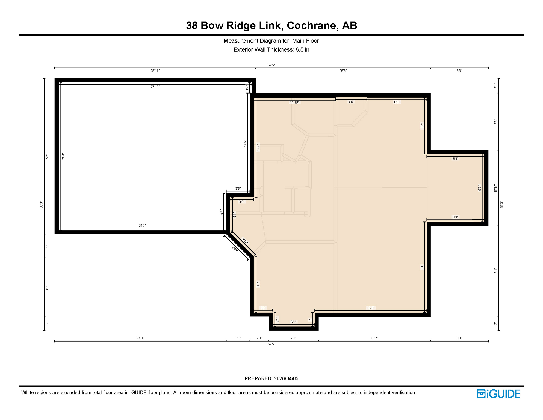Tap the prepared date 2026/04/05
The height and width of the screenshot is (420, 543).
tap(286, 378)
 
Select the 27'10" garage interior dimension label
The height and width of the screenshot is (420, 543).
tap(155, 87)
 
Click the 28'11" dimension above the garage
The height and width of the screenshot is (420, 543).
tap(155, 71)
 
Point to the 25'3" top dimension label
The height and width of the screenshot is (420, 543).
tap(343, 71)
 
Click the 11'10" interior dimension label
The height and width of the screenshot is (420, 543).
tap(294, 102)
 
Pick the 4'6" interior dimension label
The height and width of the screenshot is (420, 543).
tap(351, 102)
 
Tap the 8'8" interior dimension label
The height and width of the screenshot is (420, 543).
tap(396, 102)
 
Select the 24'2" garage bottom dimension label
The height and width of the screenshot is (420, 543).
tap(142, 226)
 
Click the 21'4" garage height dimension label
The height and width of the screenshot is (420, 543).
tap(63, 156)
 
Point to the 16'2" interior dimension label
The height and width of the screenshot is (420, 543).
tap(370, 308)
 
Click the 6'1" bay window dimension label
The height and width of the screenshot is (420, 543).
tap(293, 322)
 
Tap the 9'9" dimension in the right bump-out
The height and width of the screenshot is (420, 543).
tap(479, 188)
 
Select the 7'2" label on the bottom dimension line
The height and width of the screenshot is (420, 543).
tap(293, 338)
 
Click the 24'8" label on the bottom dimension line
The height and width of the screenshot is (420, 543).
tap(140, 338)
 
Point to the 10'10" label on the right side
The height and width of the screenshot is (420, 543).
tap(495, 188)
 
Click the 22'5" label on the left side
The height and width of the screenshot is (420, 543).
tap(47, 156)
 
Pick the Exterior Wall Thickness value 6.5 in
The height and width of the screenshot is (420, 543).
tap(302, 50)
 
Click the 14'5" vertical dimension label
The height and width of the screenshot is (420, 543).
tap(245, 144)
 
